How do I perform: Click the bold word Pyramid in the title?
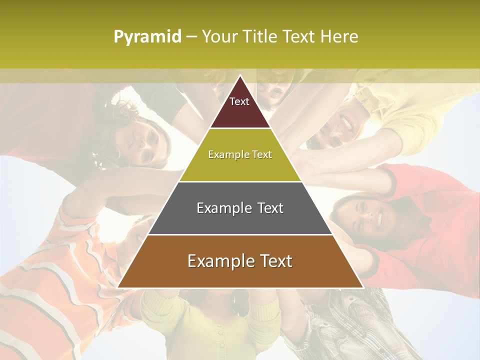[147, 37]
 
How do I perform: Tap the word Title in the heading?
[260, 37]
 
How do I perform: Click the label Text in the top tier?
[239, 101]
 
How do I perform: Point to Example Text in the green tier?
[240, 154]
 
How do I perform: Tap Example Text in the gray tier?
[240, 208]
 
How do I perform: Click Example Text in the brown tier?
[240, 261]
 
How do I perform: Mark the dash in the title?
[191, 37]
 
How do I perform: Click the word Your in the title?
[219, 37]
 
